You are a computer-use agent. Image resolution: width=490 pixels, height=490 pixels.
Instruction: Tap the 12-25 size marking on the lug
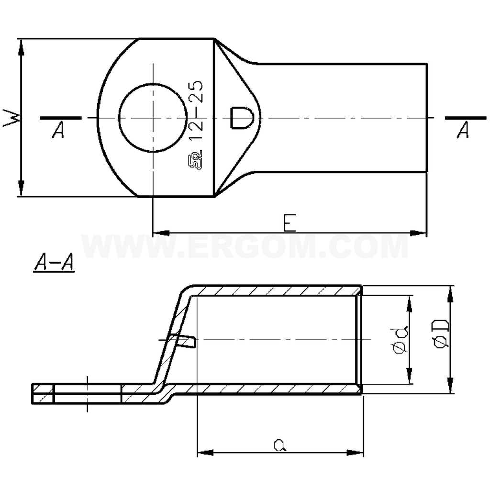196,111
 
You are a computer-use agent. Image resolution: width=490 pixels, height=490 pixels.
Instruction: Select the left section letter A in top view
58,131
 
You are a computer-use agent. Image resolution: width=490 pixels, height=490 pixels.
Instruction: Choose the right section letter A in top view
462,131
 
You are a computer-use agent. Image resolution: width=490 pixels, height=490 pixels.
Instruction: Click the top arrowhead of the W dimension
21,45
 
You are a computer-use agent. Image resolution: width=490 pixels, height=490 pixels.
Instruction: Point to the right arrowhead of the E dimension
419,233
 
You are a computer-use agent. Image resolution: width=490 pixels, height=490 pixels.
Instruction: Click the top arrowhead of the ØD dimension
450,293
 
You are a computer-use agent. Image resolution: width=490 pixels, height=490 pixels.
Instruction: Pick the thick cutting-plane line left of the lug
61,117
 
